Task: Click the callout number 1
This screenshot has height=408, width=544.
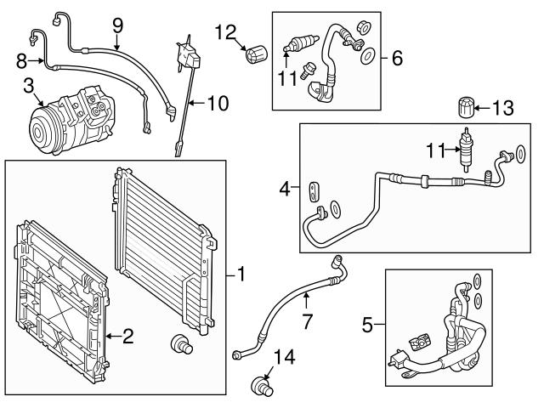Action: [241, 275]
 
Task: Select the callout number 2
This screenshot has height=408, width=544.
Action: [127, 337]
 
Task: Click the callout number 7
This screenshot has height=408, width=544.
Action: [309, 321]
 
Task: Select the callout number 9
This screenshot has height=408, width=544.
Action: [117, 26]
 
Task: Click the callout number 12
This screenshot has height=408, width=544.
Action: [224, 32]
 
